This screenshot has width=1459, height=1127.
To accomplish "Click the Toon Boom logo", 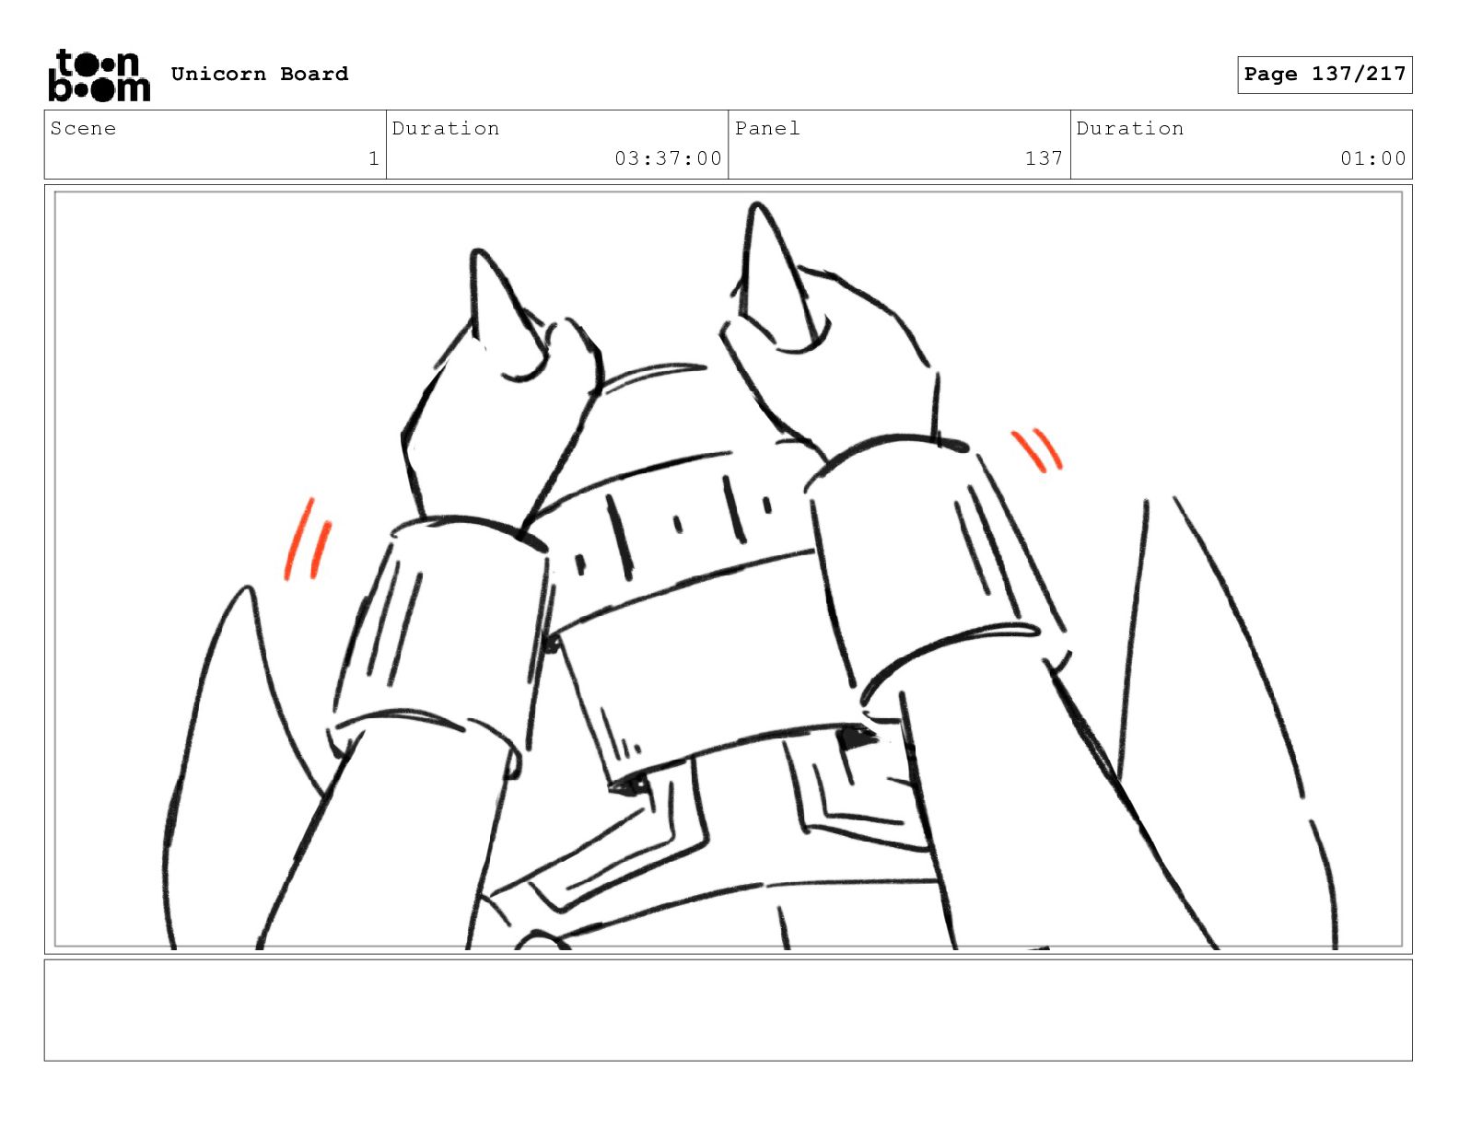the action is point(99,76).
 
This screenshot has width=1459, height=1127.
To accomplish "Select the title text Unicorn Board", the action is point(260,74).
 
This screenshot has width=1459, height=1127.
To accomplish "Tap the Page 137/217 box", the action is point(1324,75).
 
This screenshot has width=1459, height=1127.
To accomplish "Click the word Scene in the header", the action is point(83,128).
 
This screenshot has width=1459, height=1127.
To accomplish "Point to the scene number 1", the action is point(374,158).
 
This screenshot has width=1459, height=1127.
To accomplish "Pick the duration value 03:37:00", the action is point(668,158).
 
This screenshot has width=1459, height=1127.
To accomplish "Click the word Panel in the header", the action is point(767,128).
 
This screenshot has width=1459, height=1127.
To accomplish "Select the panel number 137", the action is point(1045,158).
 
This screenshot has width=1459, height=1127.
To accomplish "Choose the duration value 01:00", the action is point(1373,158).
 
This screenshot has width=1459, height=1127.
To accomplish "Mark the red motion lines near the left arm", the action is point(308,539).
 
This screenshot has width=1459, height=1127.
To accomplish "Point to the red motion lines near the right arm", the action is point(1036,449).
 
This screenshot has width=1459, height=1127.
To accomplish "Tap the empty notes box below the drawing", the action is point(729,1010).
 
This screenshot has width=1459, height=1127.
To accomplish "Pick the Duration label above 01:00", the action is point(1130,128).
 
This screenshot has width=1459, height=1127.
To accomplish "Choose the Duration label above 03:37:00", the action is point(446,128).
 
